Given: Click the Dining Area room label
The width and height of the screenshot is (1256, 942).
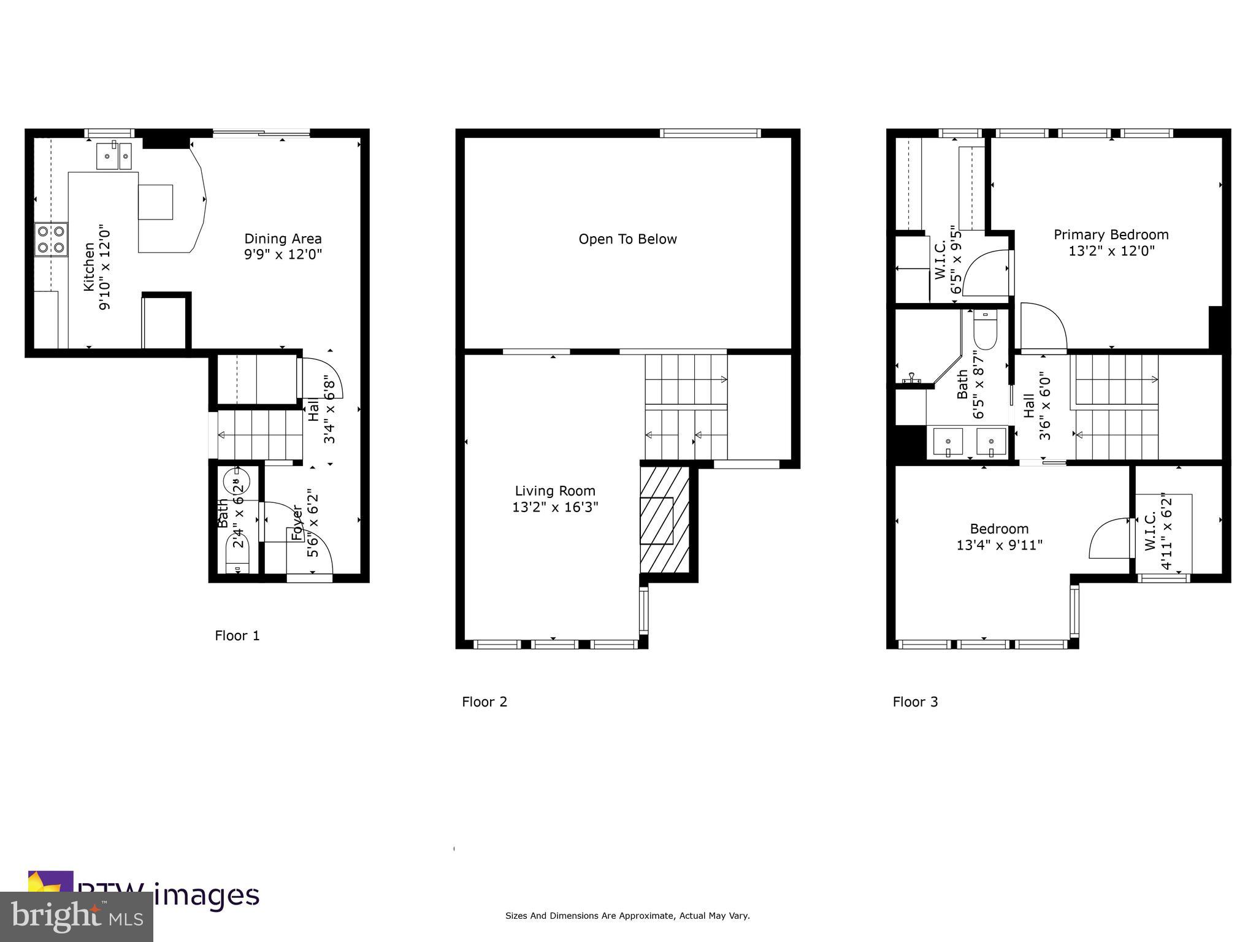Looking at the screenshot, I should click(x=283, y=239).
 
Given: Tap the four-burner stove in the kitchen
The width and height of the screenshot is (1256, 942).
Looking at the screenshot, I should click(x=51, y=240).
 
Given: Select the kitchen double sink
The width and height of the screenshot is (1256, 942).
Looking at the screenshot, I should click(x=114, y=156).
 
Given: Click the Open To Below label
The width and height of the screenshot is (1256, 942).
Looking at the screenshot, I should click(x=627, y=239).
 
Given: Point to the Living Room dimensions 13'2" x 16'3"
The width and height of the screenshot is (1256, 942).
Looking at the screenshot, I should click(x=555, y=507).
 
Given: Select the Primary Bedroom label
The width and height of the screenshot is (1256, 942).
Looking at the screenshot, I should click(x=1111, y=234).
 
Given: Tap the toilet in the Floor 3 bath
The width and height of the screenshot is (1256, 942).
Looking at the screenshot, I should click(x=985, y=332).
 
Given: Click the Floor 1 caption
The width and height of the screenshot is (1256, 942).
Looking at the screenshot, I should click(x=237, y=635).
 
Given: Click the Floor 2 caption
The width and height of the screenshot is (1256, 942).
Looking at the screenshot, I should click(x=484, y=702).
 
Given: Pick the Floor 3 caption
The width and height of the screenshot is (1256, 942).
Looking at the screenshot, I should click(x=915, y=702).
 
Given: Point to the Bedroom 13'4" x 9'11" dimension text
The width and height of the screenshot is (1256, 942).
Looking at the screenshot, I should click(x=999, y=545).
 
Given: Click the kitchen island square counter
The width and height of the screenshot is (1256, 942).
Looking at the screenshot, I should click(x=155, y=201).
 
